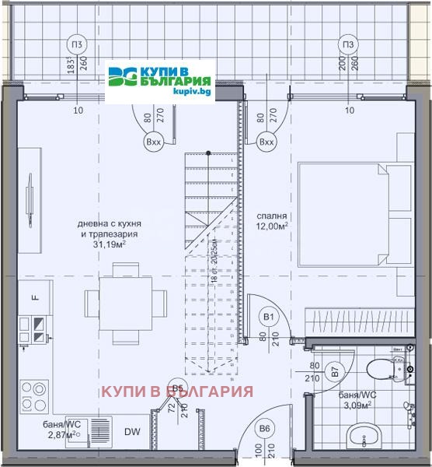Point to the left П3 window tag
tap(77, 44)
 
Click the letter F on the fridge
tap(34, 297)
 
